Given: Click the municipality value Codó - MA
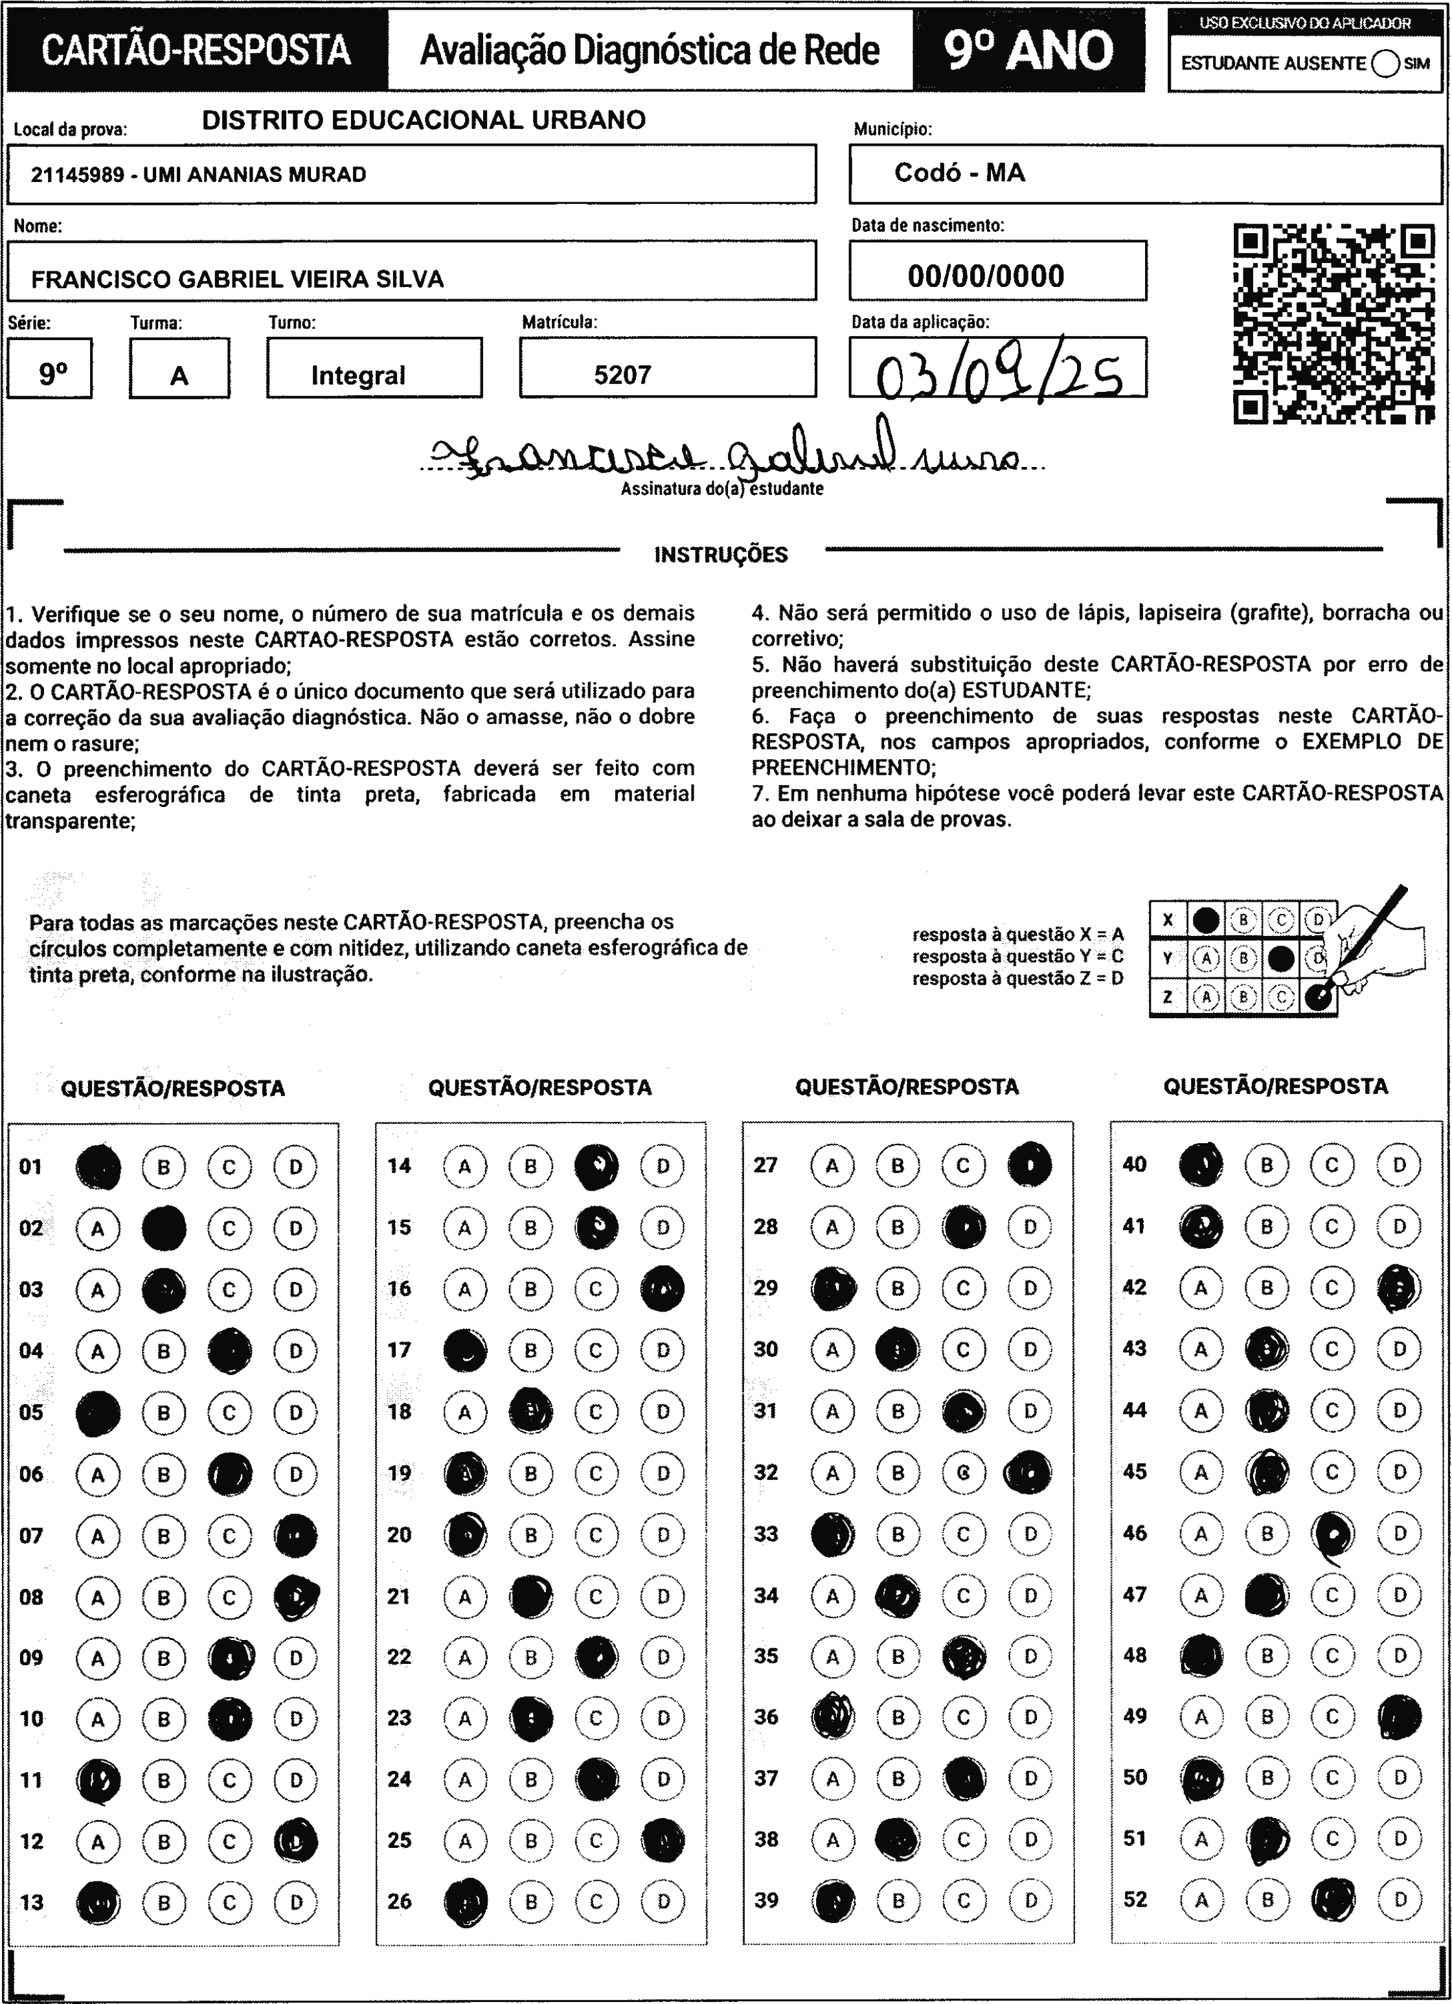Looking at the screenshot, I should point(960,172).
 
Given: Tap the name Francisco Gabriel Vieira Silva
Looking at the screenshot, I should point(237,279).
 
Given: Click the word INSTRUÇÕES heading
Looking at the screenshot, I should point(721,555).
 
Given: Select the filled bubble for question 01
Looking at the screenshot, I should point(98,1167).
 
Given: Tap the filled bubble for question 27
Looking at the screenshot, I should point(1030,1164).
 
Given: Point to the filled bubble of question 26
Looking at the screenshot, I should point(466,1900).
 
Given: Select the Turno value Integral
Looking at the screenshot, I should point(358,376).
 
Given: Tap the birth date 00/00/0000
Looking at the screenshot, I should point(986,277).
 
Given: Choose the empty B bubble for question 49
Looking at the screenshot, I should point(1266,1716).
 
